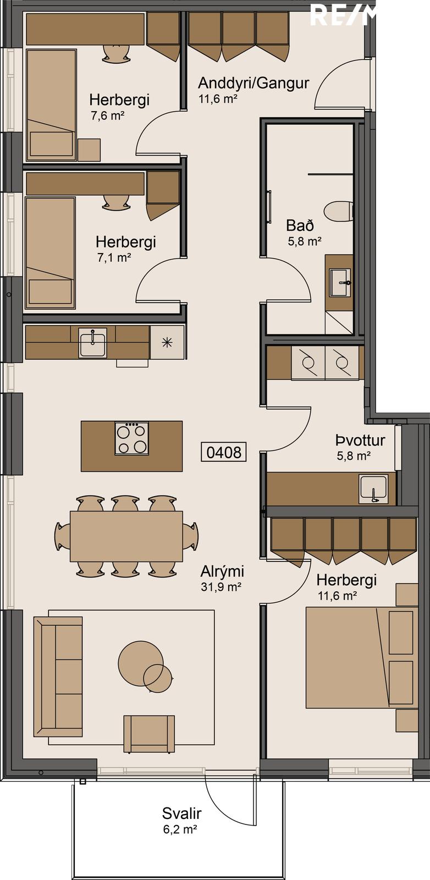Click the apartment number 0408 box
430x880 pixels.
click(x=223, y=452)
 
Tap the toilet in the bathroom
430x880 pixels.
click(x=339, y=212)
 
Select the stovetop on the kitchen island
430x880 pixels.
click(x=131, y=438)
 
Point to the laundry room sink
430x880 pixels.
click(x=373, y=489)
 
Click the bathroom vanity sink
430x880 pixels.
click(x=340, y=282)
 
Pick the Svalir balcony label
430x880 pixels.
click(x=182, y=813)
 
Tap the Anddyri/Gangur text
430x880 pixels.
click(x=253, y=83)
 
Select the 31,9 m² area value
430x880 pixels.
click(x=221, y=586)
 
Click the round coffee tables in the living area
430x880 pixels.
click(x=145, y=666)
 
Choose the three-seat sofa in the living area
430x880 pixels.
click(x=58, y=676)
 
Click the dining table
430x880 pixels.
click(x=126, y=536)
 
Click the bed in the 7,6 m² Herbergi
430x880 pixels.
click(x=51, y=105)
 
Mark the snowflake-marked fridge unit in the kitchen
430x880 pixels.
click(x=167, y=342)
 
